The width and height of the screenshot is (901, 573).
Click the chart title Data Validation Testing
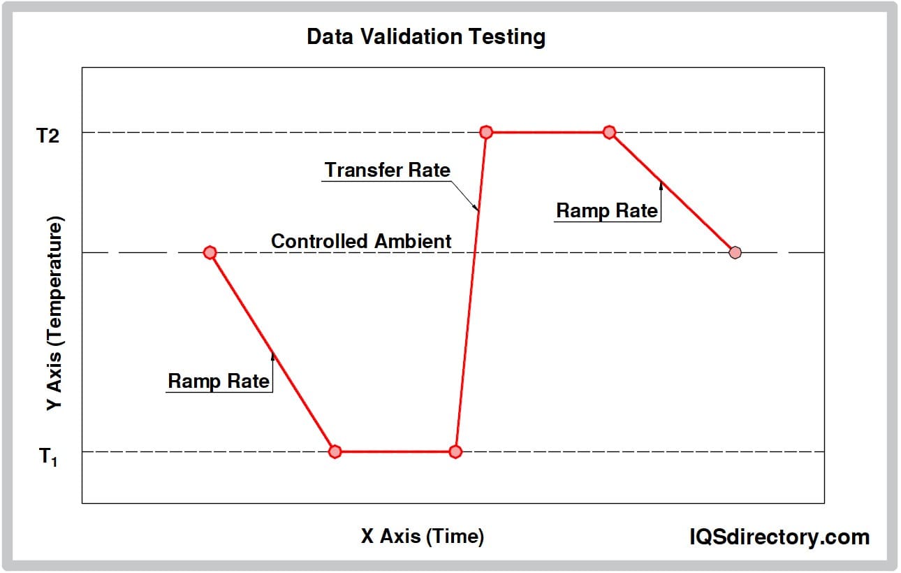[x=426, y=37]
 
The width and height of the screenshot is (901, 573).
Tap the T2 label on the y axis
[x=48, y=136]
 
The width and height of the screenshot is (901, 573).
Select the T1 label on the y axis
[x=48, y=457]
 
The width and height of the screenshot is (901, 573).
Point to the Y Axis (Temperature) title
[x=54, y=314]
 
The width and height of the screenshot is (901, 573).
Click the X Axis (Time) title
[x=423, y=536]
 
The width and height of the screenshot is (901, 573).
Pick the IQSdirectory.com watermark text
[x=779, y=537]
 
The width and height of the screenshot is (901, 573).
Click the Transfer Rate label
[x=388, y=170]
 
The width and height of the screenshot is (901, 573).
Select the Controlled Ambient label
[x=361, y=241]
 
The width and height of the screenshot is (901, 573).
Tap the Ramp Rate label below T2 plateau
[x=607, y=210]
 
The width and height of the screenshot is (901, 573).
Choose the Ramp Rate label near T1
[x=219, y=381]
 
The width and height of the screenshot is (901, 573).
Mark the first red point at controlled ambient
[x=210, y=252]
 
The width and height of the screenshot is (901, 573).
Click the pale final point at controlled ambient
[x=735, y=252]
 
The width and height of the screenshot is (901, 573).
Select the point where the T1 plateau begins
[x=335, y=451]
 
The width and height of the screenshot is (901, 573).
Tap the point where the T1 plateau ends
[x=455, y=451]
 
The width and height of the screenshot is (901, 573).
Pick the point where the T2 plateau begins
[x=486, y=132]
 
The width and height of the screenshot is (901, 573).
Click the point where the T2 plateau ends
[x=609, y=132]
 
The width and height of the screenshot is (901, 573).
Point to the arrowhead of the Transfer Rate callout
[x=478, y=209]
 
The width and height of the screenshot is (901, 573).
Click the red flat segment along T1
[x=395, y=451]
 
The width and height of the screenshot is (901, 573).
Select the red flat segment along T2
[x=548, y=132]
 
